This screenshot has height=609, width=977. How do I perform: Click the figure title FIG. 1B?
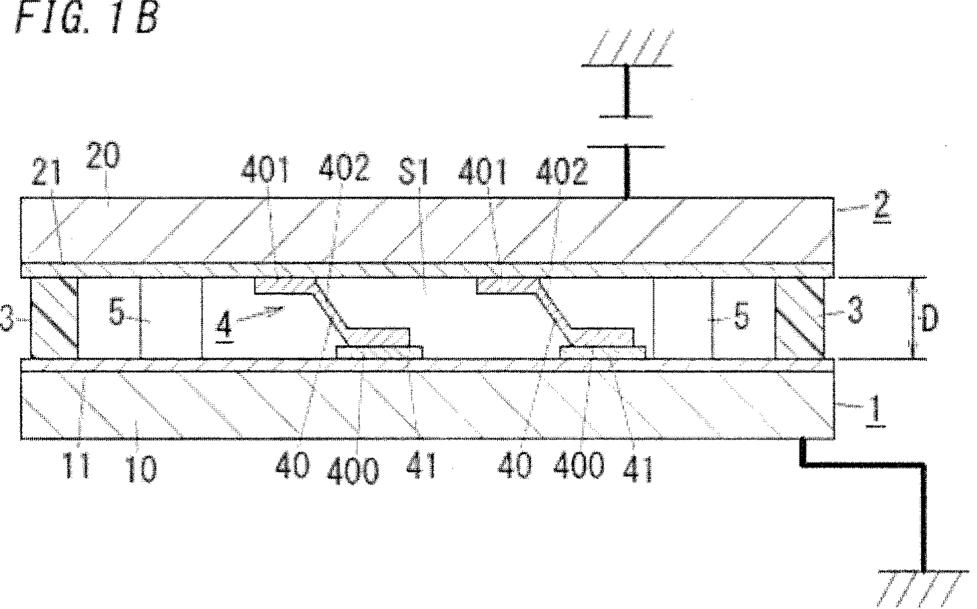point(87,18)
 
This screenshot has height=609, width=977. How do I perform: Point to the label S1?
point(414,171)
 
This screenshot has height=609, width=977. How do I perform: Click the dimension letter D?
point(929,319)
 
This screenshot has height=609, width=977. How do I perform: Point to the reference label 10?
point(142,470)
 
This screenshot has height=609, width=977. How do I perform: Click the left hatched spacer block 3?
point(54,319)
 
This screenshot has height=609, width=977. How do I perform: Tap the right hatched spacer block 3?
point(800,319)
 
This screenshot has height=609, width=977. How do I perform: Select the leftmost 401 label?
point(265,170)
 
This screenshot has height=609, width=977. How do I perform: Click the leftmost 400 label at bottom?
point(353,471)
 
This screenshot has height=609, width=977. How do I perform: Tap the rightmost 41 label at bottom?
point(639,470)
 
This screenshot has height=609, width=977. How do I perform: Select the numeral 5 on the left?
point(117,312)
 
